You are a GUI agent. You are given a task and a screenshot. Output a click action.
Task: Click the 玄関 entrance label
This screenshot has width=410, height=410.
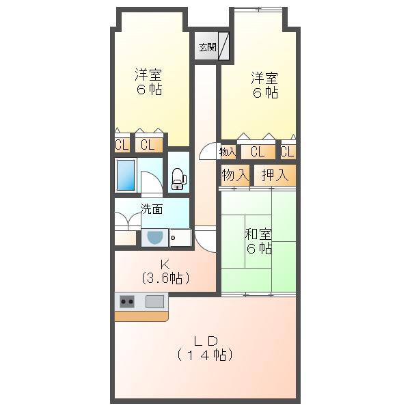[x=207, y=47]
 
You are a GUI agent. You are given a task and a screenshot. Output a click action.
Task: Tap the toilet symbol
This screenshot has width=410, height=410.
[x=178, y=178]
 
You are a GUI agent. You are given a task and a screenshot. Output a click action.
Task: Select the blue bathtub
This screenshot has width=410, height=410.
[x=126, y=175]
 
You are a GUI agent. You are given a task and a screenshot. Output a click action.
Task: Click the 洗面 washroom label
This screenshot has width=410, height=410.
[x=152, y=209]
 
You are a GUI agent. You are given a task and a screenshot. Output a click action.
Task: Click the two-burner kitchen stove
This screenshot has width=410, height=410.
[x=127, y=302]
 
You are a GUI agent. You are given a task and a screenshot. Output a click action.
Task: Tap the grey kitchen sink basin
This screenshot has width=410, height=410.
[x=155, y=301]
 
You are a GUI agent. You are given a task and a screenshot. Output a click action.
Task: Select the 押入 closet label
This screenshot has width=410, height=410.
[x=275, y=175]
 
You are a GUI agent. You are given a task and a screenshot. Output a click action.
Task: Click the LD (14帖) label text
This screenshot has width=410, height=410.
[x=205, y=348]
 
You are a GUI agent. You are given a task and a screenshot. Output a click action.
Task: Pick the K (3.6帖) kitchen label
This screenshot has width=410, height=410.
[x=165, y=272]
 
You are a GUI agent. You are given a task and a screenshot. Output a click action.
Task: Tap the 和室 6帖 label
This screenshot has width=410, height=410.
[x=258, y=241]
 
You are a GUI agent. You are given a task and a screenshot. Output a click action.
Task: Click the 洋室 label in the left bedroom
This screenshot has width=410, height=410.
[x=148, y=74]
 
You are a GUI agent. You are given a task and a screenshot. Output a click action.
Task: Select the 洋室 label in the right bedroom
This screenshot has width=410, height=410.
[x=264, y=78]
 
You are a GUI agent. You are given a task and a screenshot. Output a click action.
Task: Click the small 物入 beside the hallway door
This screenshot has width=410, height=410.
[x=228, y=152]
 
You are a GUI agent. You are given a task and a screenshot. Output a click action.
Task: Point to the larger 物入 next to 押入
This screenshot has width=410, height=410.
[x=235, y=175]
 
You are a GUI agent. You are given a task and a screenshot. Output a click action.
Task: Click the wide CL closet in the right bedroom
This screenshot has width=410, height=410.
[x=258, y=152]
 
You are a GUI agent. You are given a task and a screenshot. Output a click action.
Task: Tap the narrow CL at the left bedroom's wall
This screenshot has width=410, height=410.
[x=122, y=144]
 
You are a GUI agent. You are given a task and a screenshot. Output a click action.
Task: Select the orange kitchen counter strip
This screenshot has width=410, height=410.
[x=141, y=316]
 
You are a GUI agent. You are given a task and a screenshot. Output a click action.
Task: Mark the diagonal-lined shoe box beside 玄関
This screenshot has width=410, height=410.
[x=224, y=46]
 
